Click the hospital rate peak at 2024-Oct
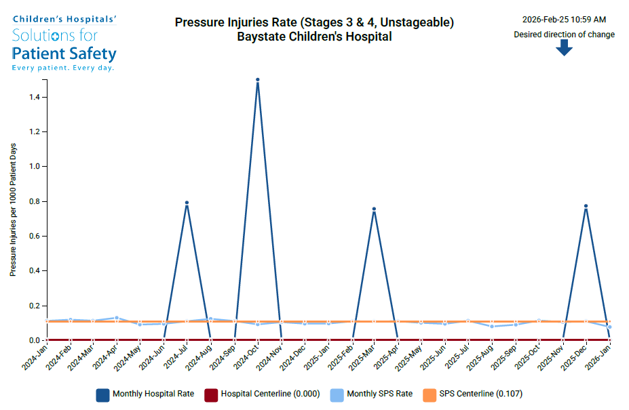pos(258,80)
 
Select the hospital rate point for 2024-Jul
pos(187,203)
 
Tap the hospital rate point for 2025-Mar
pos(374,209)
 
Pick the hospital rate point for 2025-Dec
pos(586,206)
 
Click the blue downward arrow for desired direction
pos(564,47)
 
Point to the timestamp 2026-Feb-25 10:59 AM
pos(564,20)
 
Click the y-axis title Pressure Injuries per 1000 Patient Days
pos(13,209)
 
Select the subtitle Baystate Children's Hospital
pos(314,37)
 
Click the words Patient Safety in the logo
pos(64,54)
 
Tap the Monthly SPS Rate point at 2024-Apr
pos(117,318)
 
